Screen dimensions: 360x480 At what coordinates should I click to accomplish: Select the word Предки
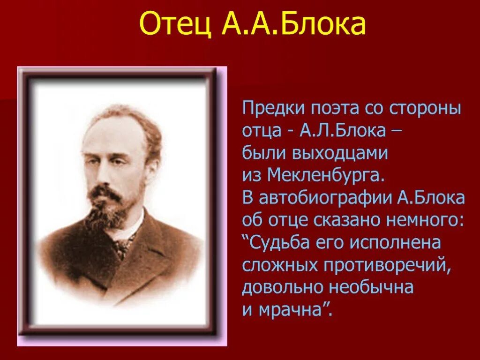(272, 110)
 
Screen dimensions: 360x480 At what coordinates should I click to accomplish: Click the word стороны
(425, 110)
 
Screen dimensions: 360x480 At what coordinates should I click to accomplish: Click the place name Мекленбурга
(326, 176)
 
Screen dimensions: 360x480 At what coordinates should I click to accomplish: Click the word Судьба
(276, 243)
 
